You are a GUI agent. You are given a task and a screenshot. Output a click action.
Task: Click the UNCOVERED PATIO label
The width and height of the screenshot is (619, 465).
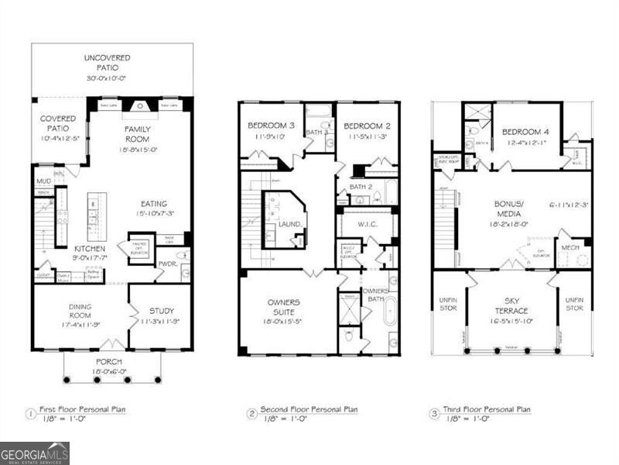(108, 63)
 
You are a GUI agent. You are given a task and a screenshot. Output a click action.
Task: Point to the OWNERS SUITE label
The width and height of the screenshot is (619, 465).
(284, 306)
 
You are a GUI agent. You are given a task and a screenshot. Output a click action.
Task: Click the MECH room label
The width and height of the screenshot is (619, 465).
(570, 248)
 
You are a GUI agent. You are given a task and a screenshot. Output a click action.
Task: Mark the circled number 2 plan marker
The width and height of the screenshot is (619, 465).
(251, 413)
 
